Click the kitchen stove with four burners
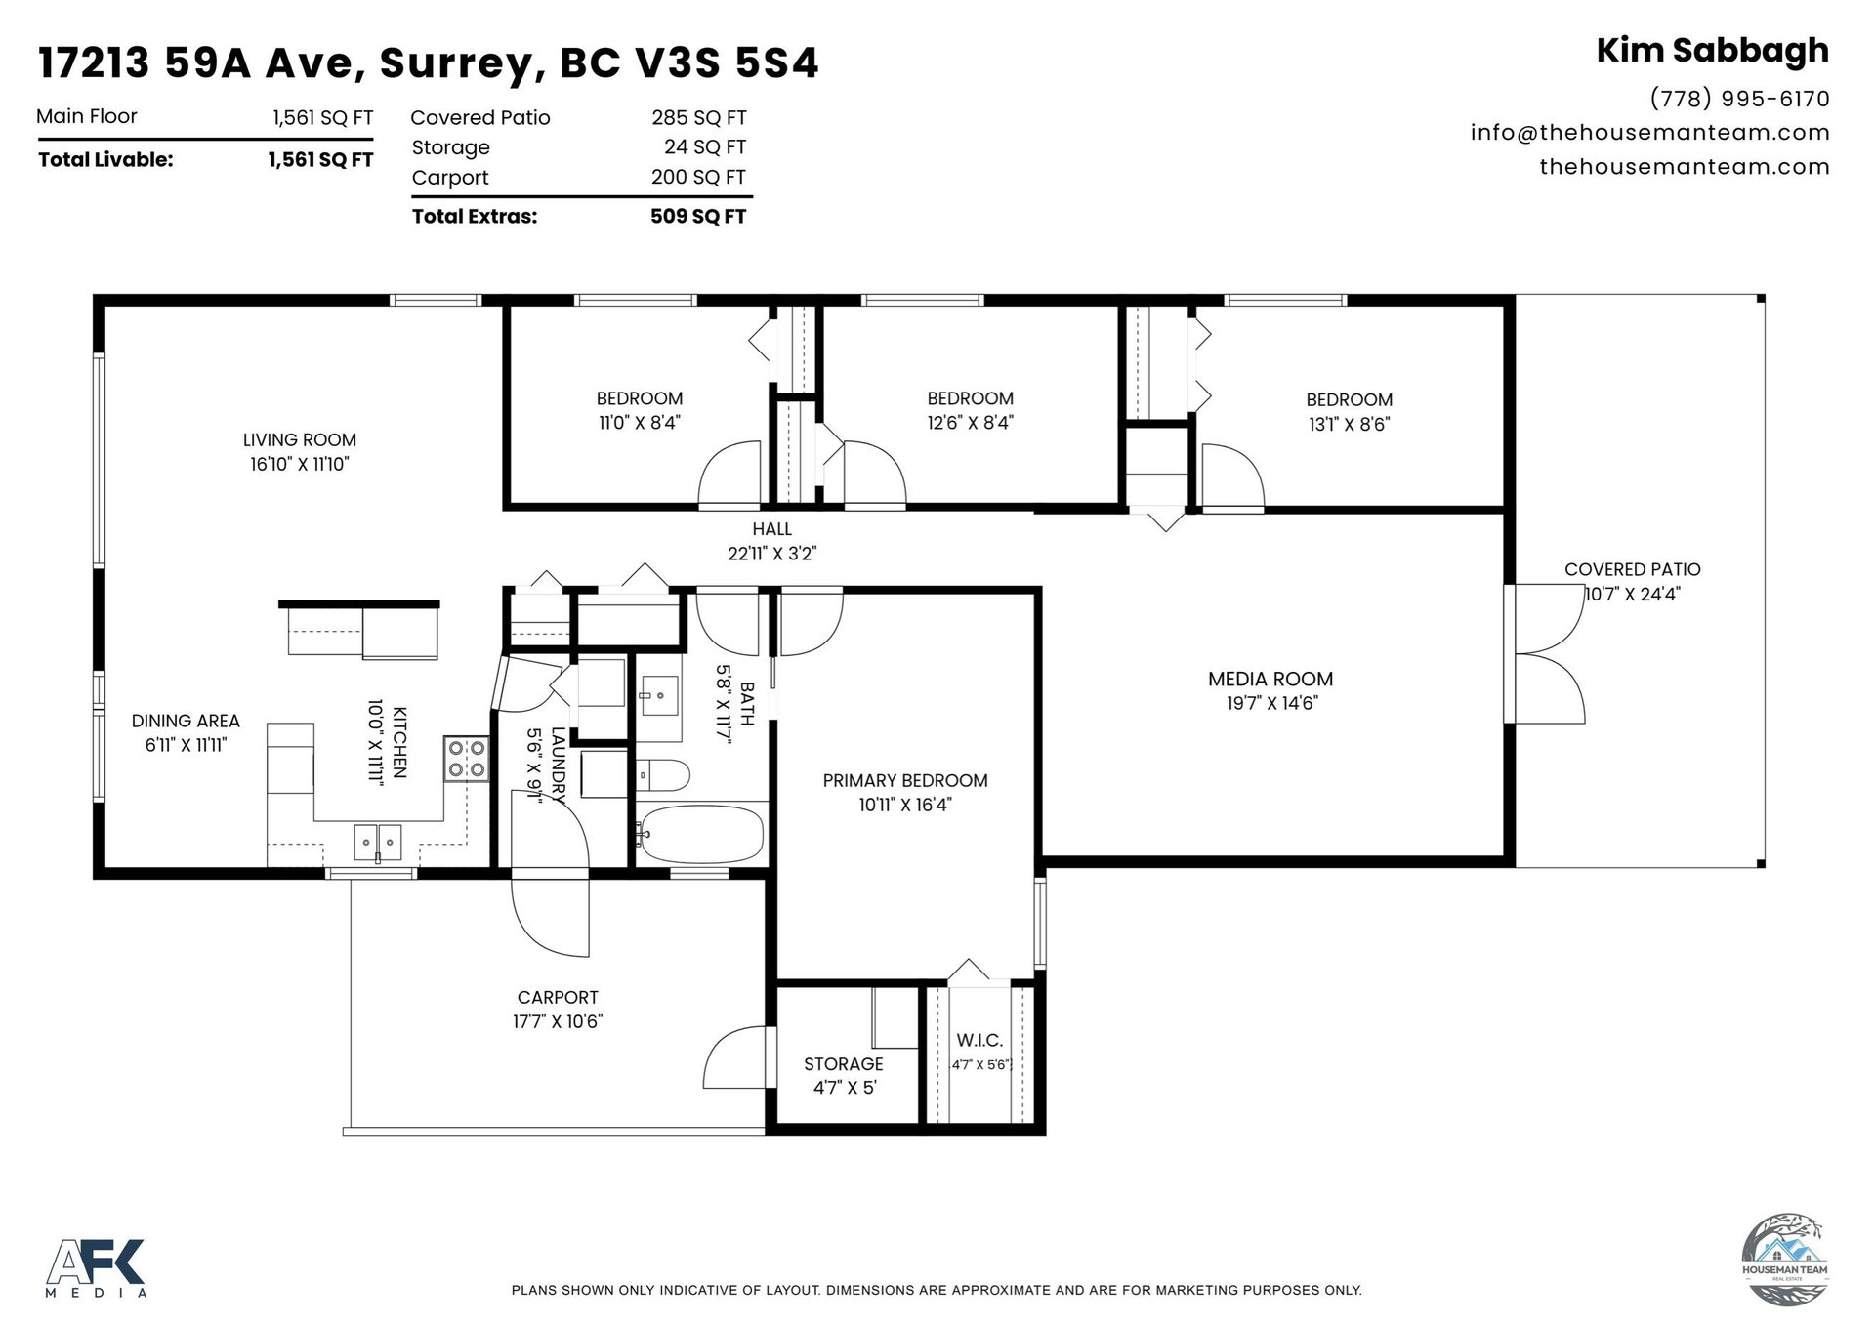(466, 759)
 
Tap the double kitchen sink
(377, 842)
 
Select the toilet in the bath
(663, 775)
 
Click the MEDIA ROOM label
(1270, 679)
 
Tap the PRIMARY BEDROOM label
(905, 780)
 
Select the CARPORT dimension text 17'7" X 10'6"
(558, 1021)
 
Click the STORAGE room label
(844, 1064)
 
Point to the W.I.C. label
(979, 1041)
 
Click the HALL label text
(771, 529)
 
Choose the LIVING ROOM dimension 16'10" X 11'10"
(300, 464)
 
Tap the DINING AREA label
(186, 721)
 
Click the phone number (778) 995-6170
(1739, 99)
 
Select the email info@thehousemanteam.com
(1650, 132)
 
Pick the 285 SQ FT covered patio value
(699, 118)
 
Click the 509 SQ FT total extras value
(698, 216)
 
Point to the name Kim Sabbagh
(1713, 50)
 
